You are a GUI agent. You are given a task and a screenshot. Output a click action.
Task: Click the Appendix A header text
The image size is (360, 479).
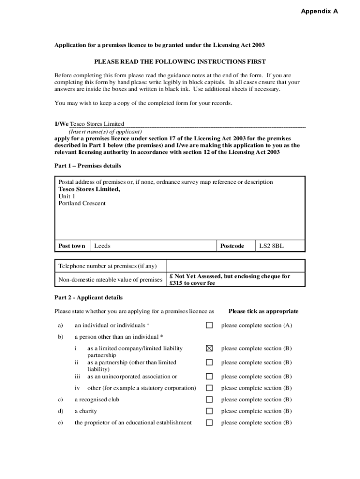tap(319, 11)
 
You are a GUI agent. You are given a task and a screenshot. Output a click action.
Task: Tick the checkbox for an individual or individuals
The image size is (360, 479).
tap(209, 325)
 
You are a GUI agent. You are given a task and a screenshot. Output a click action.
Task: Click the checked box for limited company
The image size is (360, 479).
tap(209, 348)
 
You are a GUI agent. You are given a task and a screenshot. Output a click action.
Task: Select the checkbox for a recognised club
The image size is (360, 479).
tap(209, 399)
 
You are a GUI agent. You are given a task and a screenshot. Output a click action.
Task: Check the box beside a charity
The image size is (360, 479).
tap(209, 411)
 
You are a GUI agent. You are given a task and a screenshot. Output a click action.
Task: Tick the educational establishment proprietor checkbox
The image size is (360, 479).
tap(209, 422)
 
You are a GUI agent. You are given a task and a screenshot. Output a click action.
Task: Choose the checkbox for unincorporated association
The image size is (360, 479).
tap(209, 376)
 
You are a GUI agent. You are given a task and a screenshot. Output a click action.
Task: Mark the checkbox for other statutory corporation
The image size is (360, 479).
tap(209, 388)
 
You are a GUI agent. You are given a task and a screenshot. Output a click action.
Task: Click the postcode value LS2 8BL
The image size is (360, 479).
tap(272, 246)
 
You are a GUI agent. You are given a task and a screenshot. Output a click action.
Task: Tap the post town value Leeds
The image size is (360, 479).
tap(102, 246)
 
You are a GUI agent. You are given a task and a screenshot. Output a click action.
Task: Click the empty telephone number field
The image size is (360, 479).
tap(236, 266)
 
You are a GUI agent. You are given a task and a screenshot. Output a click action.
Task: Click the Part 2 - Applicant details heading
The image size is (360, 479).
tap(88, 298)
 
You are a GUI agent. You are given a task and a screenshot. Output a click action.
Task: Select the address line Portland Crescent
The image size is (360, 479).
tap(82, 203)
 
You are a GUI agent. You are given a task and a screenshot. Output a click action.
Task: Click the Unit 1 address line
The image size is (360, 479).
tap(67, 196)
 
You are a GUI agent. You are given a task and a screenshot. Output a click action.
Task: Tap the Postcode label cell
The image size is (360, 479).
tap(232, 246)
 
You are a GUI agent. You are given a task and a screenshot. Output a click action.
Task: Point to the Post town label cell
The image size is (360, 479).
tap(72, 246)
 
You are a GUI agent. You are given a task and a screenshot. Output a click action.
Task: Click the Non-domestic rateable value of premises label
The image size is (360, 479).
tap(110, 280)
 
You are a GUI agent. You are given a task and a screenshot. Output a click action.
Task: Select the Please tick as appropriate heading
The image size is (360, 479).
tap(263, 311)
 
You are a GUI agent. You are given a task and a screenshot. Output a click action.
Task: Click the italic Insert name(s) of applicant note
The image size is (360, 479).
tap(105, 132)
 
